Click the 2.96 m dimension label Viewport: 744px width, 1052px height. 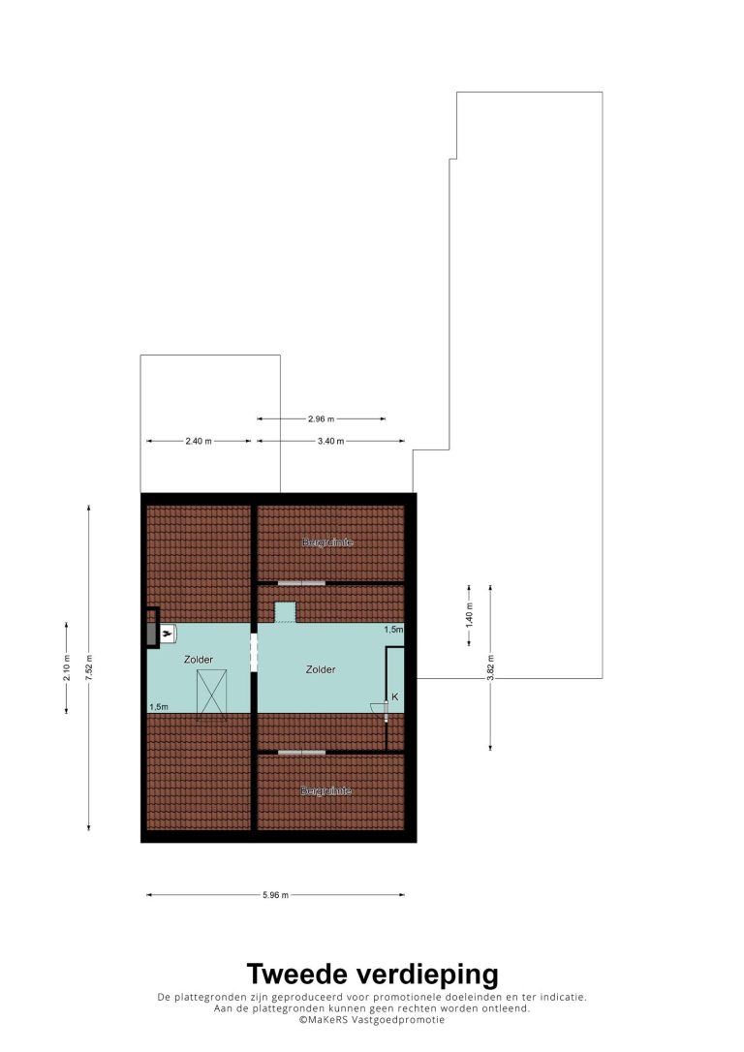pyautogui.click(x=321, y=418)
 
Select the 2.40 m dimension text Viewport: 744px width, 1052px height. pyautogui.click(x=199, y=441)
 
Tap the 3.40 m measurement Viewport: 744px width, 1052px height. pyautogui.click(x=330, y=441)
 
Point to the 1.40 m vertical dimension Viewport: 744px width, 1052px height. pyautogui.click(x=469, y=615)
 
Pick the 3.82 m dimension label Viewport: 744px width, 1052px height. pyautogui.click(x=490, y=667)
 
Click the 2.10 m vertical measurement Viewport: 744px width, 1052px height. pyautogui.click(x=67, y=667)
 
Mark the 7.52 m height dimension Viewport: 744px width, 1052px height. pyautogui.click(x=88, y=667)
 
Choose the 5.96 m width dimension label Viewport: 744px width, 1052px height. pyautogui.click(x=275, y=894)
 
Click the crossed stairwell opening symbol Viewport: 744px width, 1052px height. pyautogui.click(x=212, y=695)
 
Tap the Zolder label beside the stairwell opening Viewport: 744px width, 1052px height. pyautogui.click(x=199, y=660)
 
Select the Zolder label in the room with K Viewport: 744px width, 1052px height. pyautogui.click(x=321, y=669)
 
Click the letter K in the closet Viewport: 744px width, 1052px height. pyautogui.click(x=395, y=697)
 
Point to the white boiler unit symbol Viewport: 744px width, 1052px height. pyautogui.click(x=168, y=633)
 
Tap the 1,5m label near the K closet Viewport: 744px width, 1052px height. pyautogui.click(x=394, y=630)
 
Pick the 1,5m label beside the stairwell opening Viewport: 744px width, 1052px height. pyautogui.click(x=158, y=706)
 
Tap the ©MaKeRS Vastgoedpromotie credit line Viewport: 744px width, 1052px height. pyautogui.click(x=372, y=1020)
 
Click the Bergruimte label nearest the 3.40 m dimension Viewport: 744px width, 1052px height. pyautogui.click(x=328, y=542)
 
